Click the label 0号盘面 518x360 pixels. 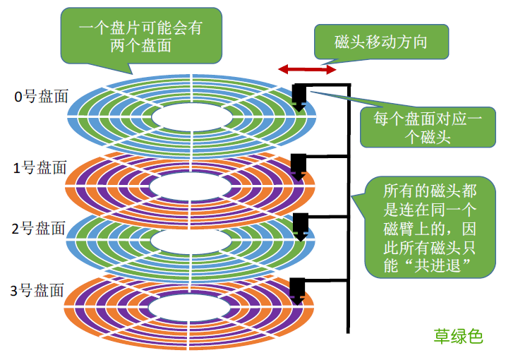[41, 97]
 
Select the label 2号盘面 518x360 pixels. [40, 229]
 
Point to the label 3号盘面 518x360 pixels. [39, 290]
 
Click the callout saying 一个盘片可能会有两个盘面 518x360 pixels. [141, 35]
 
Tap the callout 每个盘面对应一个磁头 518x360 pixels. [427, 127]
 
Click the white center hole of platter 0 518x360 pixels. [192, 116]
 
